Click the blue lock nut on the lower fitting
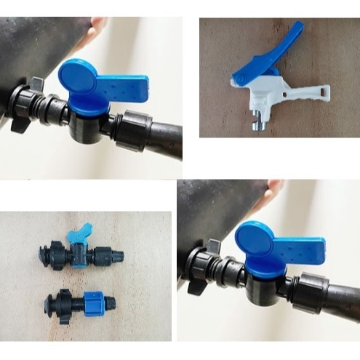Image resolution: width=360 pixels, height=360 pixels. (x=93, y=299)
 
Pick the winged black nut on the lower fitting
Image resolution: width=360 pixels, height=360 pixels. (x=57, y=299)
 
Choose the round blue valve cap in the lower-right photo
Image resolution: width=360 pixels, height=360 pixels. (x=255, y=241)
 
